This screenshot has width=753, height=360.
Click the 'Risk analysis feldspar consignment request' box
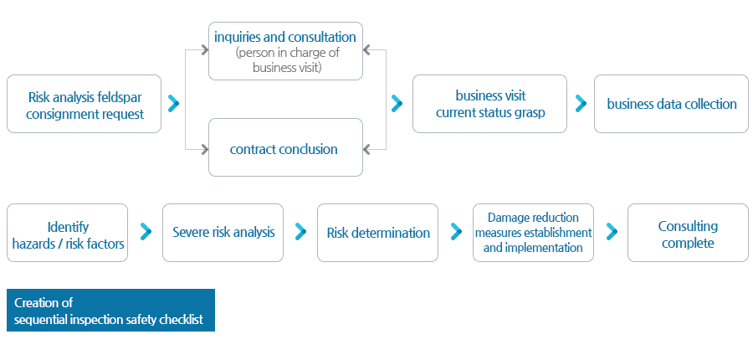(84, 104)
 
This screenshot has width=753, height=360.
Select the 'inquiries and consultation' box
(286, 51)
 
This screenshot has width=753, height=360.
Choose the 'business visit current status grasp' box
(489, 104)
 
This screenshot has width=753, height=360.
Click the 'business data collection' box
(671, 104)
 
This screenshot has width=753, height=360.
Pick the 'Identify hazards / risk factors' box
(67, 233)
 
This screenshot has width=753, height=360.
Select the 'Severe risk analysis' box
(223, 233)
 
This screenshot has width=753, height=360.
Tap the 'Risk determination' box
(378, 233)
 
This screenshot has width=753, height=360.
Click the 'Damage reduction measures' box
(533, 233)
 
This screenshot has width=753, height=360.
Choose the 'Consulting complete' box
(689, 233)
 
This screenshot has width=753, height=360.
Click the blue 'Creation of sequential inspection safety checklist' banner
(111, 310)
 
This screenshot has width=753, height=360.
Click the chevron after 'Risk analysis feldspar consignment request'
(174, 103)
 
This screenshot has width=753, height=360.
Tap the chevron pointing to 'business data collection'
(581, 103)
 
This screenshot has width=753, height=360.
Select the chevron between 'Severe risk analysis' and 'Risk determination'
(300, 232)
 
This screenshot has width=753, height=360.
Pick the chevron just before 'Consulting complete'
(612, 232)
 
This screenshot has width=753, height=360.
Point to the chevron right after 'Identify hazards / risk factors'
(146, 232)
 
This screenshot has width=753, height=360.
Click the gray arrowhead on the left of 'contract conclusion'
(205, 150)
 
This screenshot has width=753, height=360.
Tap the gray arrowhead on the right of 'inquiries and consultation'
(366, 49)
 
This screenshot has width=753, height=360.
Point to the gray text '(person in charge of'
(287, 53)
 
